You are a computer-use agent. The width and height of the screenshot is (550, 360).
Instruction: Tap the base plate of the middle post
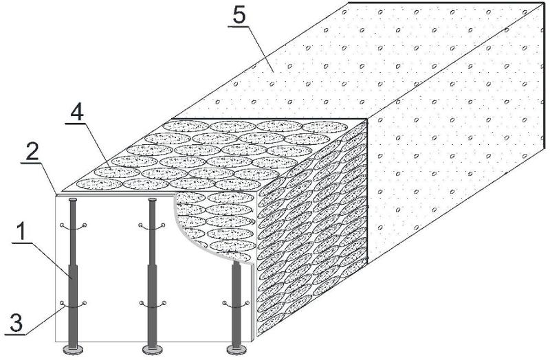click(153, 350)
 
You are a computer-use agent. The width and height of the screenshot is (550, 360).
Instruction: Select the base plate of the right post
click(238, 350)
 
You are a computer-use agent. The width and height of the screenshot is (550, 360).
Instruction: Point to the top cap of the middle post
click(153, 199)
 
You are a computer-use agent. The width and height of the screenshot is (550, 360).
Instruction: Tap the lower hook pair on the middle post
click(153, 304)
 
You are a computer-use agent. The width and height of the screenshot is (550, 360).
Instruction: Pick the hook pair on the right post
click(237, 304)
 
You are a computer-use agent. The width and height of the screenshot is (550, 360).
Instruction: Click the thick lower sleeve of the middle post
click(153, 302)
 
